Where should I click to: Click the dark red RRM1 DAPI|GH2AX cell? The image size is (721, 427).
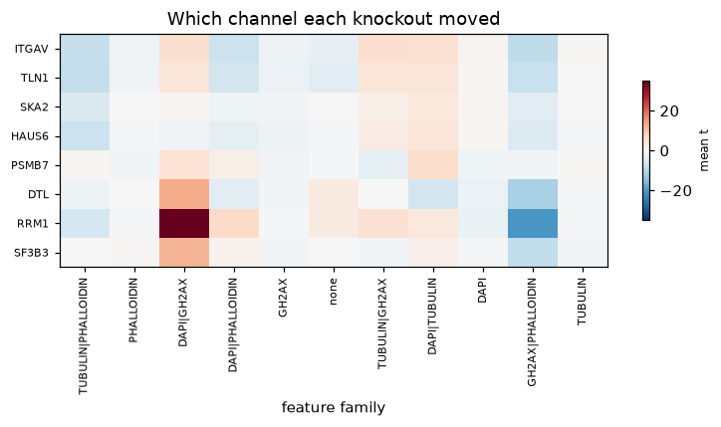pyautogui.click(x=184, y=223)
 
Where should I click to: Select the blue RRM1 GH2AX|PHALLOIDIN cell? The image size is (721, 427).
pyautogui.click(x=533, y=223)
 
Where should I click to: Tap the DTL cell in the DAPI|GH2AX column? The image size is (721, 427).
pyautogui.click(x=184, y=194)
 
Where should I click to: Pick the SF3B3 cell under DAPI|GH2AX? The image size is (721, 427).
pyautogui.click(x=184, y=253)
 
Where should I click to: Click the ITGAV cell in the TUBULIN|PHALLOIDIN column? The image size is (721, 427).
pyautogui.click(x=85, y=49)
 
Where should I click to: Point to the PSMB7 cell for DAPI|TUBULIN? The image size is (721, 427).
pyautogui.click(x=433, y=165)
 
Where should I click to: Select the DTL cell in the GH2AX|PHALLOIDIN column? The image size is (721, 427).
pyautogui.click(x=533, y=194)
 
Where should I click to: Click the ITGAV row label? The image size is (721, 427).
pyautogui.click(x=31, y=49)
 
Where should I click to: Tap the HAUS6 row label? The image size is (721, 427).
pyautogui.click(x=30, y=136)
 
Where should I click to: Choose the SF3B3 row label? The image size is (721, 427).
pyautogui.click(x=31, y=253)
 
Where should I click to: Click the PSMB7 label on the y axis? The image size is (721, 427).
pyautogui.click(x=30, y=165)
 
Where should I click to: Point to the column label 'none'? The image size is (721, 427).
pyautogui.click(x=333, y=292)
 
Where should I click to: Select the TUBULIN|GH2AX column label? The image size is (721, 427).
pyautogui.click(x=382, y=323)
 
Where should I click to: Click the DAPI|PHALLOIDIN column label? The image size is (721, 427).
pyautogui.click(x=233, y=324)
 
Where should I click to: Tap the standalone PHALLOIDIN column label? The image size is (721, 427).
pyautogui.click(x=133, y=311)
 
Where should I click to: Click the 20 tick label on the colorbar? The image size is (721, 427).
pyautogui.click(x=669, y=111)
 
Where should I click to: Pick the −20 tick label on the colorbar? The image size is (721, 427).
pyautogui.click(x=675, y=191)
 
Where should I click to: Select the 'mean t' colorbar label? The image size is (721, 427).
pyautogui.click(x=704, y=150)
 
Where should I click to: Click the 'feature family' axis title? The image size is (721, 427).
pyautogui.click(x=334, y=408)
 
